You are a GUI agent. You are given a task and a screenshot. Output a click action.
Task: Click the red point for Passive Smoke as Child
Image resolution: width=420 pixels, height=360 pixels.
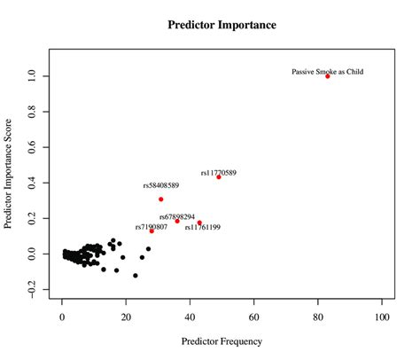click(327, 76)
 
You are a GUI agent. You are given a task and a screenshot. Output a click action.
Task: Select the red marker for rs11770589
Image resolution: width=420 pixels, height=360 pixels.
click(219, 177)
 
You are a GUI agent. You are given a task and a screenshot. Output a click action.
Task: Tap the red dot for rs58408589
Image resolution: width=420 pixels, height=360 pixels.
click(161, 200)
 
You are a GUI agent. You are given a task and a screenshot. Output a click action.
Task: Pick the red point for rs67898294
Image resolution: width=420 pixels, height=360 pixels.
click(177, 221)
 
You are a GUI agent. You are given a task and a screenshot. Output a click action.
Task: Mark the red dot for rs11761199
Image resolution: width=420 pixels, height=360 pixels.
click(199, 223)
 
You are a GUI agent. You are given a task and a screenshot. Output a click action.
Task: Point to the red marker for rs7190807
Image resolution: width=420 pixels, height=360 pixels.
click(152, 231)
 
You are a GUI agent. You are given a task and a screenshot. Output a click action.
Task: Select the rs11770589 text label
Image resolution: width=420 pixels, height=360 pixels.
click(219, 172)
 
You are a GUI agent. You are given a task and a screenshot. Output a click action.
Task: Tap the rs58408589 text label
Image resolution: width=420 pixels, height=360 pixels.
click(161, 185)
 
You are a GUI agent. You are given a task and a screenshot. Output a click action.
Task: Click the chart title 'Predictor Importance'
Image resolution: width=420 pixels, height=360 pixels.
click(222, 25)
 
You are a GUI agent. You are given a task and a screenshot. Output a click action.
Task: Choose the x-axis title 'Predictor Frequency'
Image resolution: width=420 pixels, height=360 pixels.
click(222, 340)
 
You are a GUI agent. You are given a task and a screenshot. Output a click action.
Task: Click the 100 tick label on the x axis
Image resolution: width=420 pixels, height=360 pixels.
click(382, 315)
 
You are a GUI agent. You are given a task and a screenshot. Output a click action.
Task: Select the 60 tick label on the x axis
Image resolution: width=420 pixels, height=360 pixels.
click(254, 315)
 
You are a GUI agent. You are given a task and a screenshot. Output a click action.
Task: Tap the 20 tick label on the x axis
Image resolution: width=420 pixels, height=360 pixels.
click(126, 315)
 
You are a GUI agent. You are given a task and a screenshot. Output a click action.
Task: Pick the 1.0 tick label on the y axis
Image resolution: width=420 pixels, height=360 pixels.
click(32, 76)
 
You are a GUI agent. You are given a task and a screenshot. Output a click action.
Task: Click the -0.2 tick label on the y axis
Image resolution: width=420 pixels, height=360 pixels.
click(30, 289)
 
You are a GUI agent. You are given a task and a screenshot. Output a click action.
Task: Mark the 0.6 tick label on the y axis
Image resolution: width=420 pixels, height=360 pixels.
click(32, 147)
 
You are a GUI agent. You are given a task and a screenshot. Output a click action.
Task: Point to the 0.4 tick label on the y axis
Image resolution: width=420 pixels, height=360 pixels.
click(32, 183)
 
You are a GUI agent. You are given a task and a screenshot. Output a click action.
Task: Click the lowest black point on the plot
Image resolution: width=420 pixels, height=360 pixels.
click(136, 276)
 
